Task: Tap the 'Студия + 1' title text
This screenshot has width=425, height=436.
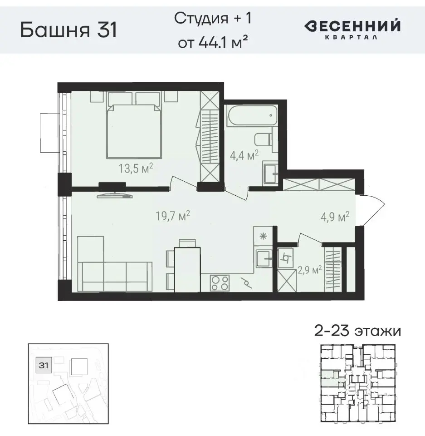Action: tap(212, 19)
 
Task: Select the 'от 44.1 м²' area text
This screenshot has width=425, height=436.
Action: tap(212, 42)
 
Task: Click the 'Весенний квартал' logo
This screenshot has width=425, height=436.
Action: tap(352, 29)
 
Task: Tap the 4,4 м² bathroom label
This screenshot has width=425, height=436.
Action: tap(244, 154)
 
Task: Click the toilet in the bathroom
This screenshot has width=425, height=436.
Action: tap(263, 139)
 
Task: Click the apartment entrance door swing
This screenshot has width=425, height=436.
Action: tap(373, 209)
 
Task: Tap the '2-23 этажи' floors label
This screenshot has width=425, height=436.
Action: tap(357, 331)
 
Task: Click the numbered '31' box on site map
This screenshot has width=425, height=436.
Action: tap(44, 365)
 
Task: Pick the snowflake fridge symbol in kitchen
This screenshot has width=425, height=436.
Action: tap(262, 236)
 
